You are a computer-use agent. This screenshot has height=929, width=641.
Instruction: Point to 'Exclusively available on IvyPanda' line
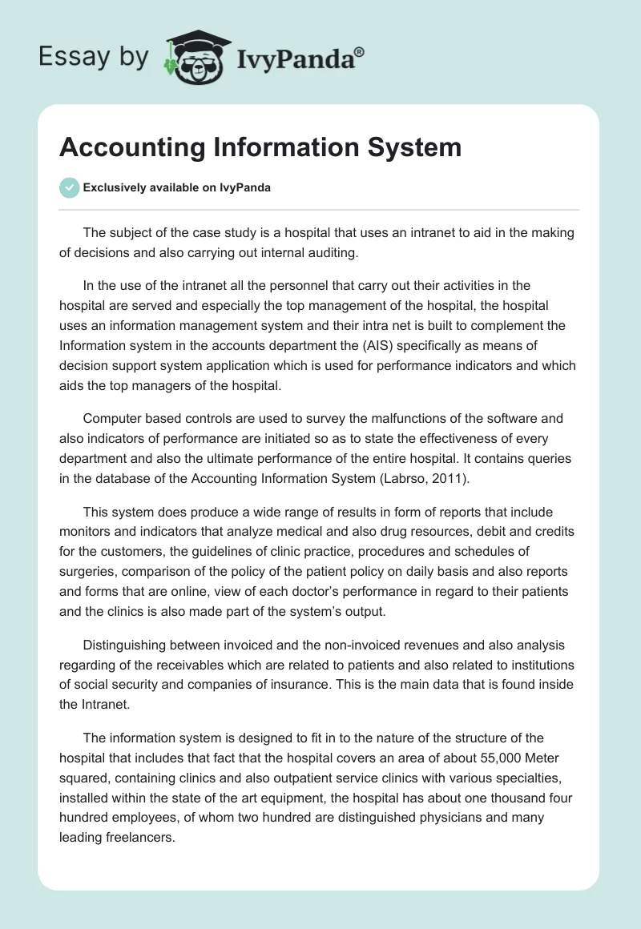pyautogui.click(x=176, y=188)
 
